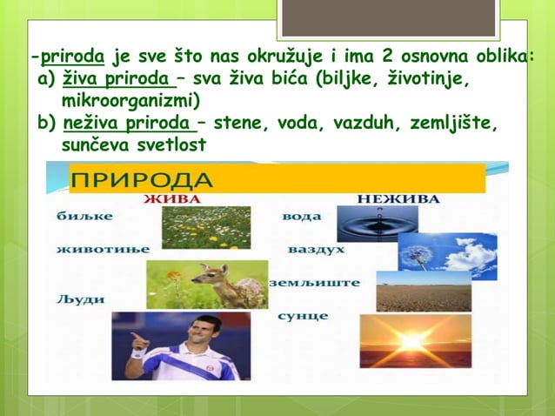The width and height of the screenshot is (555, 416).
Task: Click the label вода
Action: point(301,217)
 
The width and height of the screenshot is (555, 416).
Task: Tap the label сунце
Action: point(302,315)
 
